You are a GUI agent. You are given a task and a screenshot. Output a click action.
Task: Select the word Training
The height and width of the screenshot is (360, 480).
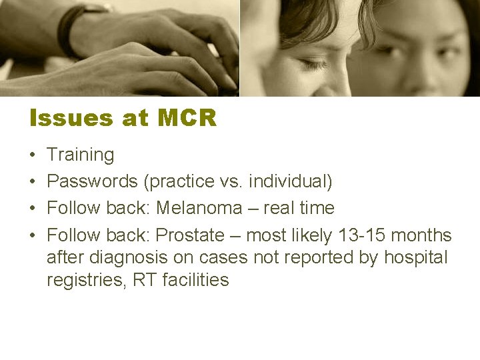[80, 155]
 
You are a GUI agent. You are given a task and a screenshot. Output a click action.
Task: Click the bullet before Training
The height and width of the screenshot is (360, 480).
[33, 156]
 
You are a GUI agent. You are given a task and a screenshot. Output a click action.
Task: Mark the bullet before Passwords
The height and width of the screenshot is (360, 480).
[33, 182]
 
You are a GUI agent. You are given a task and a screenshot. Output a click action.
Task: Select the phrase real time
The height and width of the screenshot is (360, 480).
[299, 208]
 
